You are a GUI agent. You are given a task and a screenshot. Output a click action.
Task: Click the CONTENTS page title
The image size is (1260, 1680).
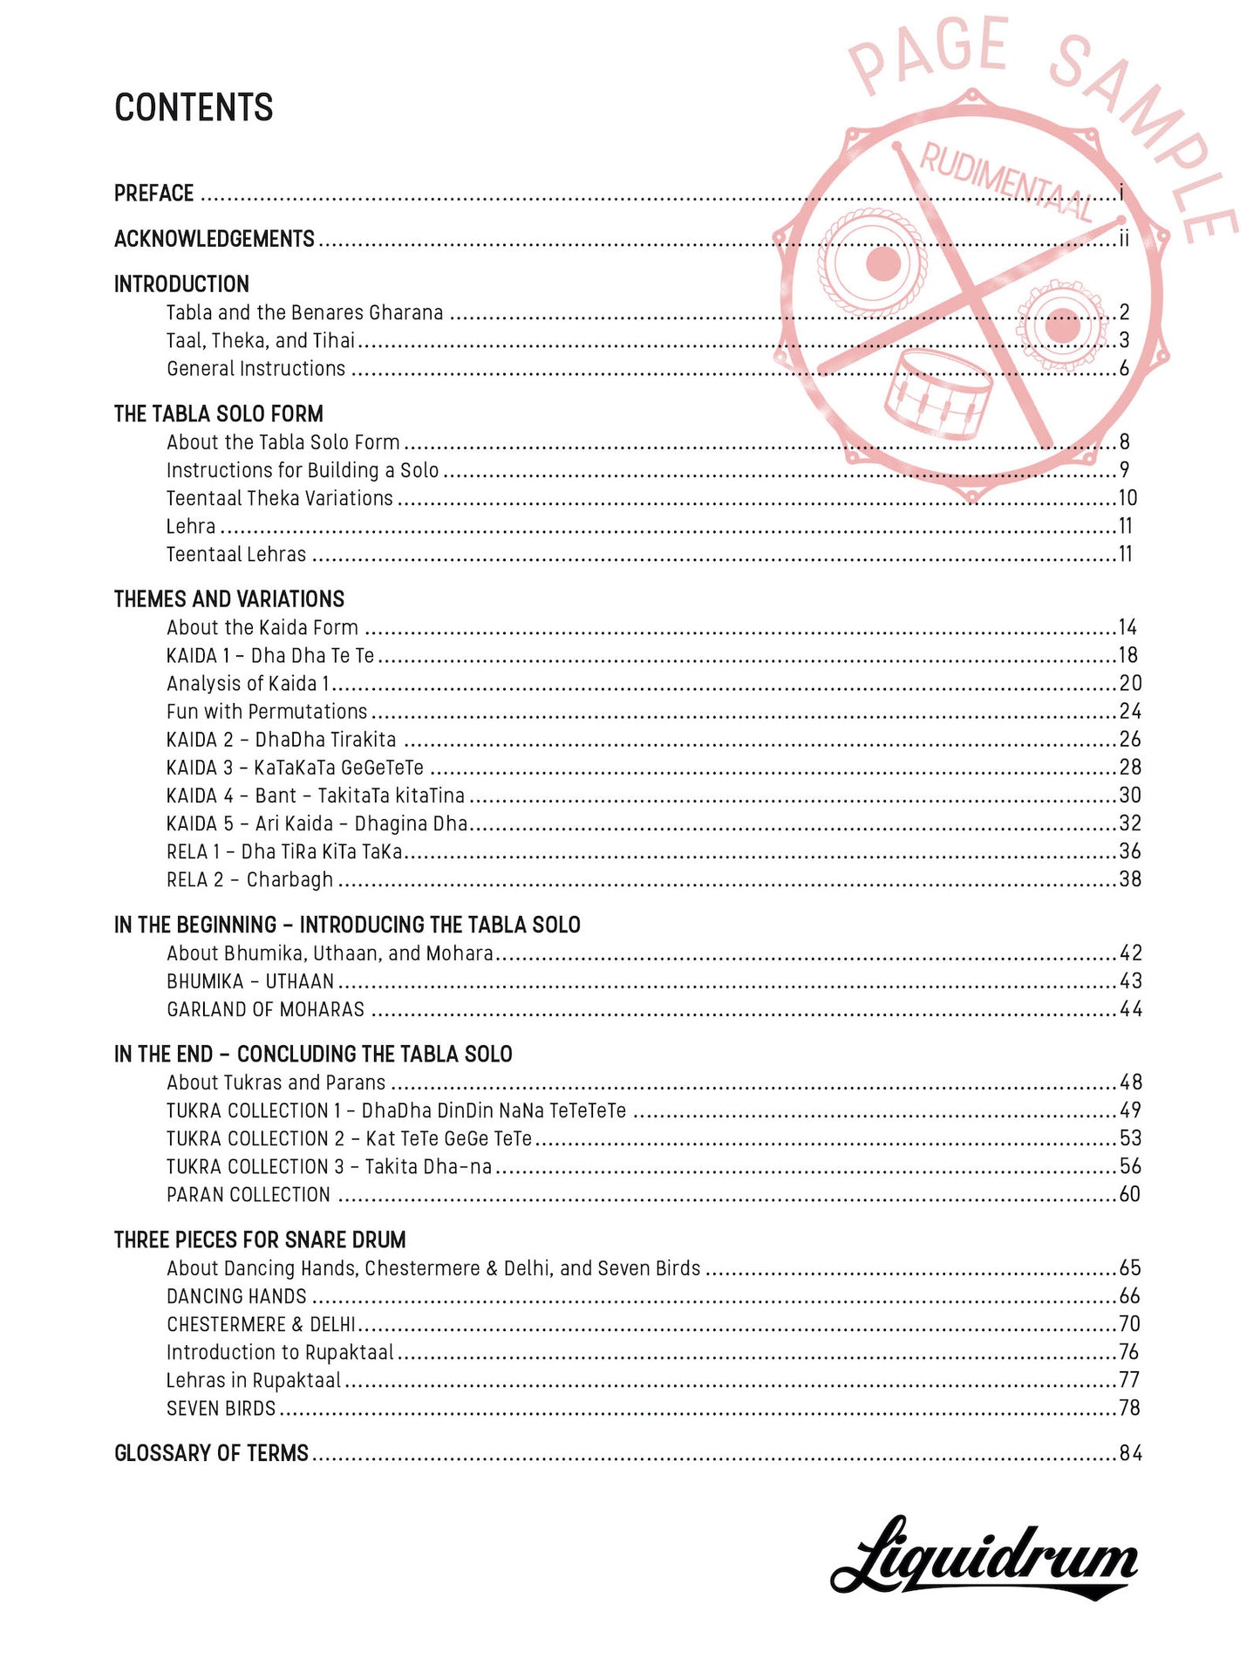[x=194, y=108]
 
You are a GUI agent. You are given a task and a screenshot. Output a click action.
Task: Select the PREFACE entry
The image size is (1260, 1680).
[x=154, y=193]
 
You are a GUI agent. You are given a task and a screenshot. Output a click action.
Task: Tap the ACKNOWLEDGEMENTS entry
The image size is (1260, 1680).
[x=215, y=239]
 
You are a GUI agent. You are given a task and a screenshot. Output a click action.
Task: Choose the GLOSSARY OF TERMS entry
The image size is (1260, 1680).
[x=212, y=1453]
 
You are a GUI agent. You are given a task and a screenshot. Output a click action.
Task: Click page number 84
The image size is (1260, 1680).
[x=1130, y=1453]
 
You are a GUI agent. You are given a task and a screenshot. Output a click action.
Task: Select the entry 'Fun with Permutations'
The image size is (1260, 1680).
[x=267, y=712]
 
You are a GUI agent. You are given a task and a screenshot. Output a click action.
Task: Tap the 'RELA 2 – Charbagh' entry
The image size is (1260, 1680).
[x=250, y=879]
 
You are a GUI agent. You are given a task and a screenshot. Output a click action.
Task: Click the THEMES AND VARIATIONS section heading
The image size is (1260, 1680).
[x=229, y=599]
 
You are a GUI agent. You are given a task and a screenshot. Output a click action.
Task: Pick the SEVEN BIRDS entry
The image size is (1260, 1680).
[x=221, y=1408]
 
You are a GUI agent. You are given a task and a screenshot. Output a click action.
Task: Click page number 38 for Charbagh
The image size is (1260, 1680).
[x=1130, y=879]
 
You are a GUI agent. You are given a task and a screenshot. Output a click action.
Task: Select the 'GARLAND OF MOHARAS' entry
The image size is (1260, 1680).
[x=266, y=1009]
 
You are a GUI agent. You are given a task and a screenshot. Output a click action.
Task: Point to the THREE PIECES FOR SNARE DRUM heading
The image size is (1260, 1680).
[x=260, y=1240]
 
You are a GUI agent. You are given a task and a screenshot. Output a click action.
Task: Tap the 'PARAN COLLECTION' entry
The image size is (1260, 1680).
[x=249, y=1195]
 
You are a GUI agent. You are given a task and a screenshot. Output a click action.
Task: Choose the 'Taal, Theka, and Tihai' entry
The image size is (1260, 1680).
[x=261, y=340]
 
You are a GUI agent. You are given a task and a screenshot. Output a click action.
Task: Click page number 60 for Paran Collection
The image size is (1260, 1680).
[x=1130, y=1195]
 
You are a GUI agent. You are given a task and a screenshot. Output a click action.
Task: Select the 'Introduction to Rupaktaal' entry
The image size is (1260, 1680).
[x=280, y=1352]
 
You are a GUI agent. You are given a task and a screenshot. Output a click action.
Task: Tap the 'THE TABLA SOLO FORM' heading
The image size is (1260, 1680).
[x=219, y=413]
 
